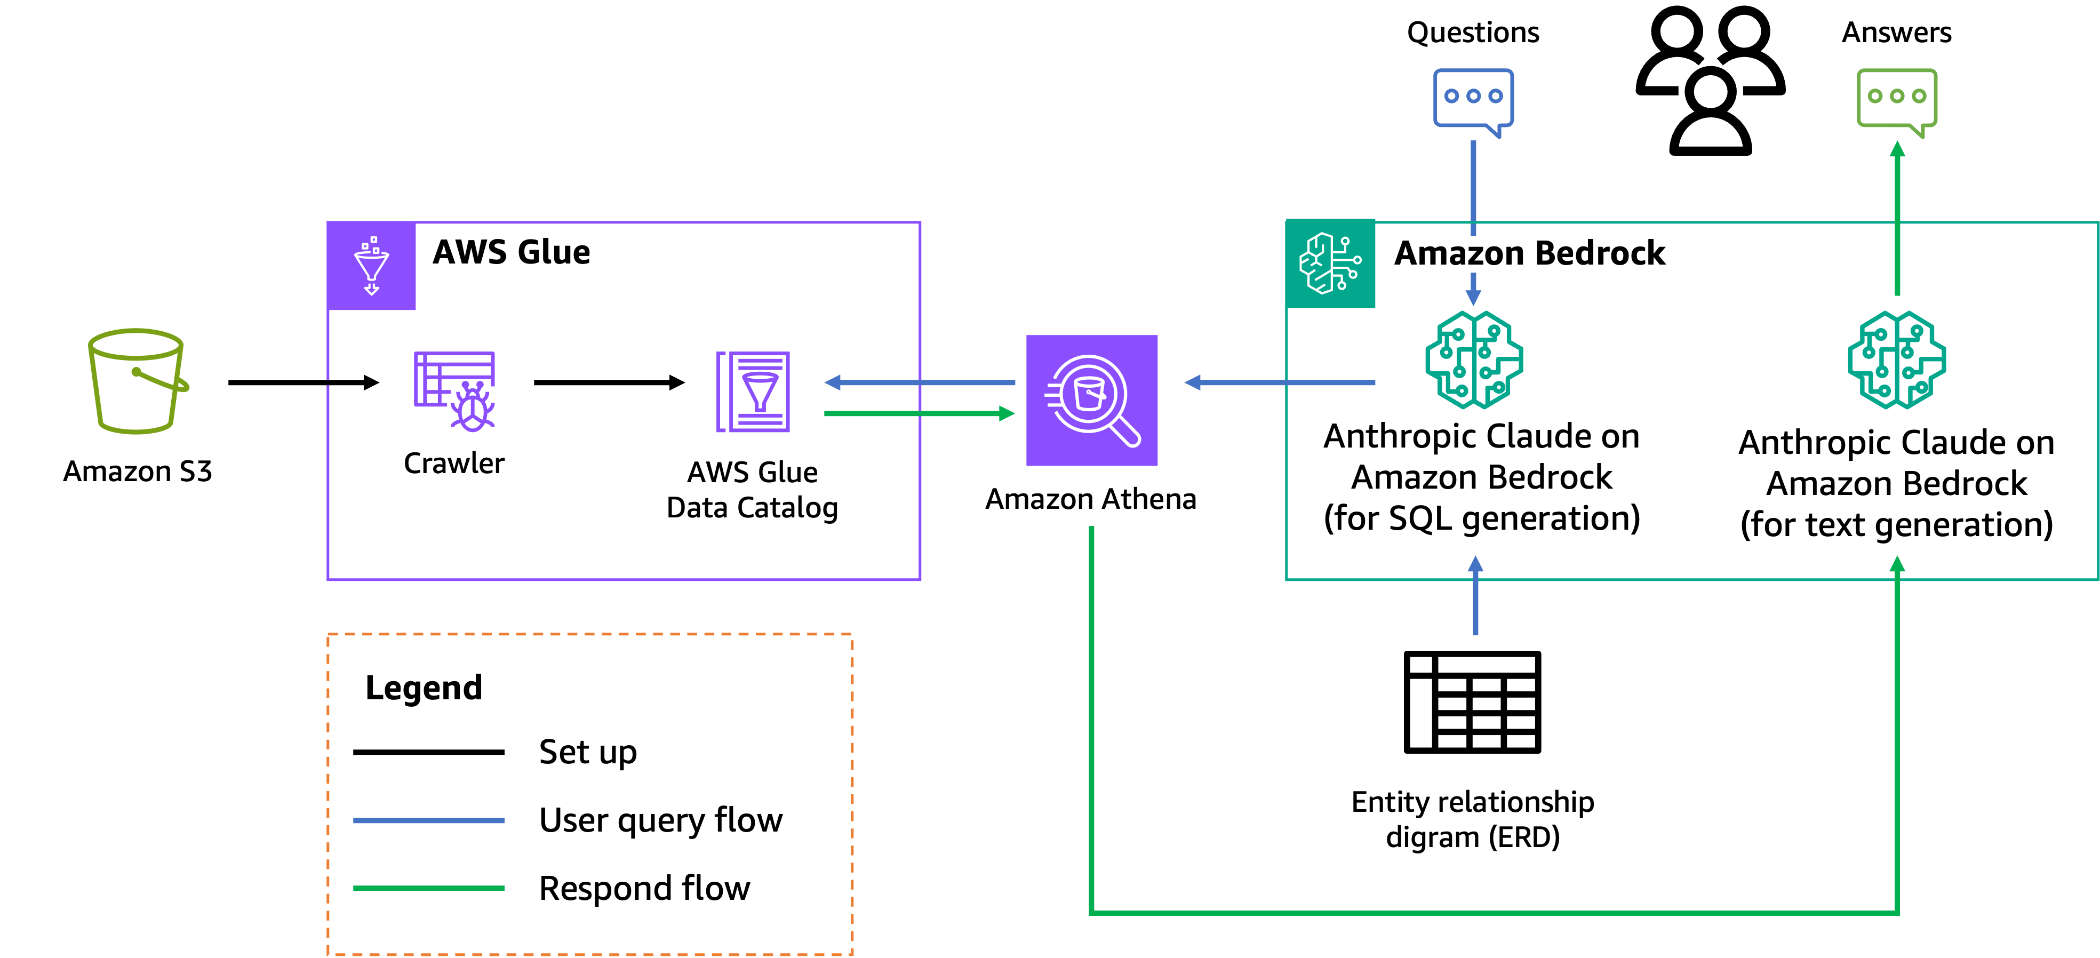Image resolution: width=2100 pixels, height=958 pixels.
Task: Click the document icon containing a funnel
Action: pos(753,392)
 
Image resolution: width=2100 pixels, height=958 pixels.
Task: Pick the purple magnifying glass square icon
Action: pos(1091,400)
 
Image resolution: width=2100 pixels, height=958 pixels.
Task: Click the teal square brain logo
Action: pos(1330,264)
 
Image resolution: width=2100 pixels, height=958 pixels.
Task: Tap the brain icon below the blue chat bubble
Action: pos(1474,360)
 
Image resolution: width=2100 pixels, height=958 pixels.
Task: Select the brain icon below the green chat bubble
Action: pos(1896,360)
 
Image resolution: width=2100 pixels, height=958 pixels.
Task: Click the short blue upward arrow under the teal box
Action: pos(1475,595)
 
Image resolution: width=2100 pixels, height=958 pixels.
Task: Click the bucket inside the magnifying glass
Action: pos(1089,393)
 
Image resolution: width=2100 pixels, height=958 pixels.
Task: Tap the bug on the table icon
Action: pos(473,408)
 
